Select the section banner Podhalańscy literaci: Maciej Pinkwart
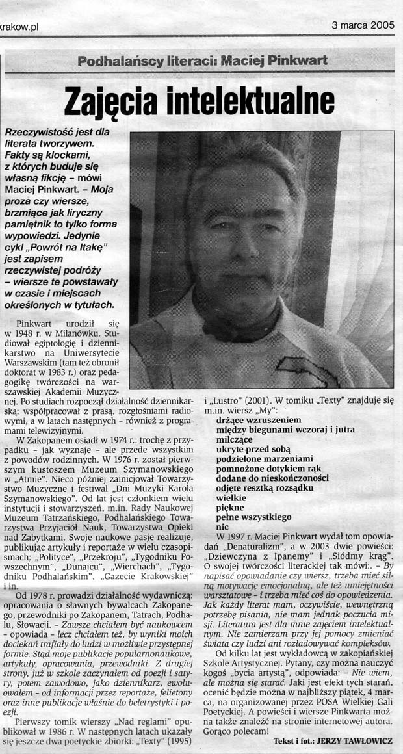[x=202, y=62]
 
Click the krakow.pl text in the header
[x=20, y=27]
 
